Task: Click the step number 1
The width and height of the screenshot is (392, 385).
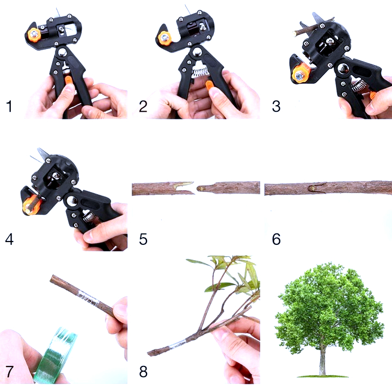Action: pyautogui.click(x=9, y=106)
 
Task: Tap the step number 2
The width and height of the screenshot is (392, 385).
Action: pyautogui.click(x=143, y=106)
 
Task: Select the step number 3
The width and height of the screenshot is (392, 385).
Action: pyautogui.click(x=276, y=106)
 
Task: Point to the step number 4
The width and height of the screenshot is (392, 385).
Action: pyautogui.click(x=9, y=239)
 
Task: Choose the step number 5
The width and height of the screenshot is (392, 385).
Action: pyautogui.click(x=143, y=239)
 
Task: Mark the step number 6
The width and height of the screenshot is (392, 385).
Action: pyautogui.click(x=276, y=239)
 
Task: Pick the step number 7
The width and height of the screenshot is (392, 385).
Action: pyautogui.click(x=9, y=371)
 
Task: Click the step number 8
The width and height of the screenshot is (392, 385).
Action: pyautogui.click(x=143, y=371)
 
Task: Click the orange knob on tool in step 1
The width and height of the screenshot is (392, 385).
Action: pyautogui.click(x=34, y=34)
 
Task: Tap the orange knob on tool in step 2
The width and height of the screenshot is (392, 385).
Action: pyautogui.click(x=164, y=39)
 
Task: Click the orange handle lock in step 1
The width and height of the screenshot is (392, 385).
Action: pyautogui.click(x=68, y=81)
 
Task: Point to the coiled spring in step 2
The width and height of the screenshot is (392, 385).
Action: pyautogui.click(x=200, y=70)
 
